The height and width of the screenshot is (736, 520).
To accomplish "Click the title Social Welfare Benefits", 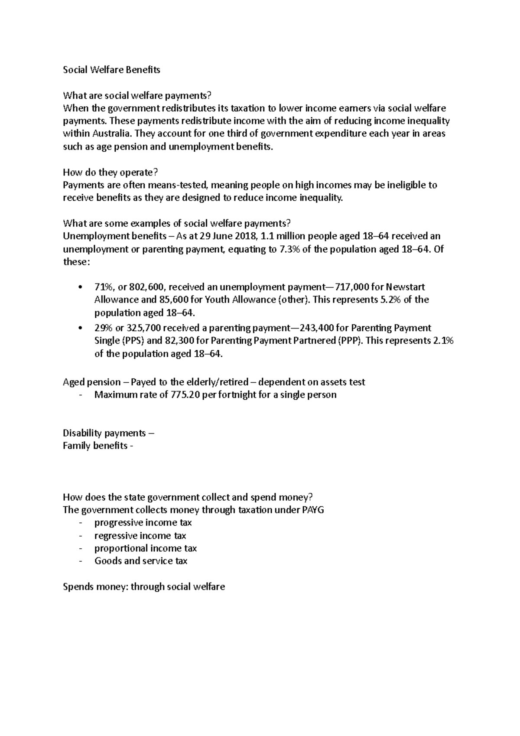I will tap(111, 70).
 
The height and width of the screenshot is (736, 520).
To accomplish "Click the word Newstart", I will tap(405, 287).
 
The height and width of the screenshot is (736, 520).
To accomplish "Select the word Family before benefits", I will tap(77, 446).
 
